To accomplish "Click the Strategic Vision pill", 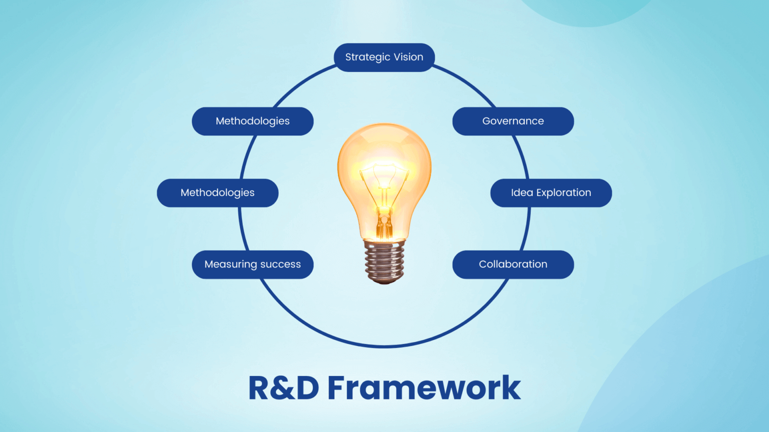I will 384,57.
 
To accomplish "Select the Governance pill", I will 513,121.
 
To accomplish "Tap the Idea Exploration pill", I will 551,193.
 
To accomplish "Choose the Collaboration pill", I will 513,264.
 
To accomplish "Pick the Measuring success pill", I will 252,264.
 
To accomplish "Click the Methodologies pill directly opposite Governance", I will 252,121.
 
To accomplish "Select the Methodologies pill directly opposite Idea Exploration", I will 217,193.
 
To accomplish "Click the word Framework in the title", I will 424,388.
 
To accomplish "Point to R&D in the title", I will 283,388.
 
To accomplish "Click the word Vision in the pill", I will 408,57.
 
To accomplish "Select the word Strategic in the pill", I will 367,57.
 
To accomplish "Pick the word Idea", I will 522,193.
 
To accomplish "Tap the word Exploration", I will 564,193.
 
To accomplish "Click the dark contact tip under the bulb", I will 384,281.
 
